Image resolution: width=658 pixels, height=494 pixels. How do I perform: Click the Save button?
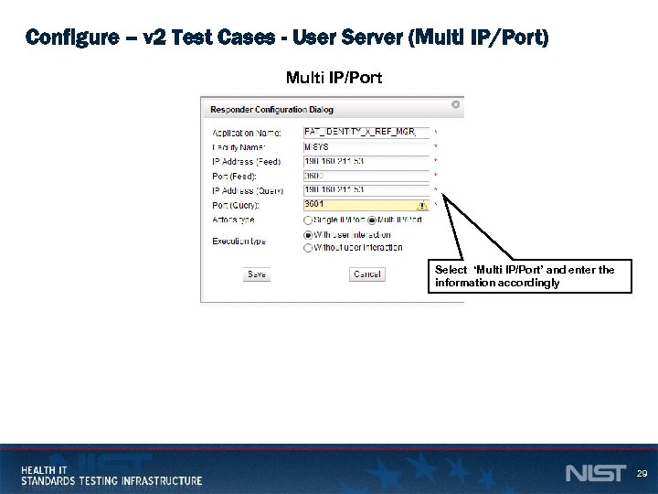[x=257, y=274]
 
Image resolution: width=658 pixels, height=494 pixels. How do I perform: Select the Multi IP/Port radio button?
[x=371, y=220]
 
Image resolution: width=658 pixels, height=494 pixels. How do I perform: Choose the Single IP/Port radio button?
[x=307, y=220]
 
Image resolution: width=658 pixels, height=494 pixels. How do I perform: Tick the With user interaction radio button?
[x=307, y=235]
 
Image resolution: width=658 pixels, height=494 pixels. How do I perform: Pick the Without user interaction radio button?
[x=307, y=248]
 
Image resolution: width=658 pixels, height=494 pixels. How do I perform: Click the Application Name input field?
[x=366, y=132]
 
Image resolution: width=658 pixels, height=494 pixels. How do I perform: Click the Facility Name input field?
[x=366, y=146]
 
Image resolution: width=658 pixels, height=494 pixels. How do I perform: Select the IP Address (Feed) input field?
[x=366, y=161]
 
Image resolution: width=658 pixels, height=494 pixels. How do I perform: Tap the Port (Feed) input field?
[x=366, y=176]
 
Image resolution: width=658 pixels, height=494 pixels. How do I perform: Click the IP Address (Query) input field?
[x=366, y=190]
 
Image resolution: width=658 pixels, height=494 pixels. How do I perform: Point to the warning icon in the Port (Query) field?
[x=421, y=206]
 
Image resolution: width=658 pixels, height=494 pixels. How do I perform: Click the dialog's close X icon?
[x=455, y=105]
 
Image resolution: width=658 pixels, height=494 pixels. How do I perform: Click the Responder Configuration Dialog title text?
[x=271, y=110]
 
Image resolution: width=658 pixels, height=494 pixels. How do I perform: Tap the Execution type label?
[x=239, y=242]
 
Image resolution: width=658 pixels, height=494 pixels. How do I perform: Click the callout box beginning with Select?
[x=531, y=276]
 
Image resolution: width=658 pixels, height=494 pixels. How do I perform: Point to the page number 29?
[x=642, y=474]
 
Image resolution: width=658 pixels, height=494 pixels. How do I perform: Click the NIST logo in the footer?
[x=595, y=474]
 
